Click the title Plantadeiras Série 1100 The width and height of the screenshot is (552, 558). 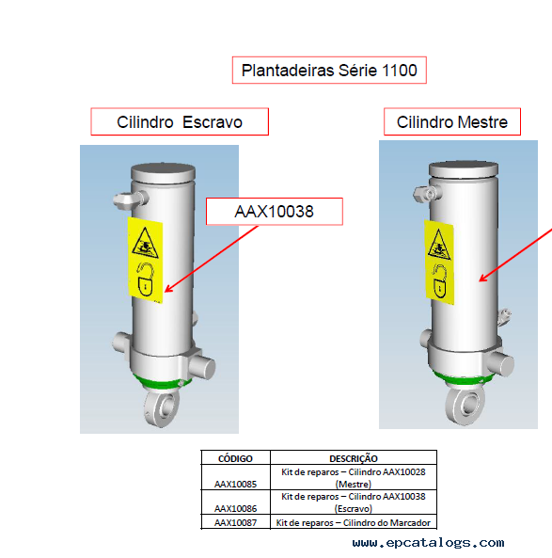(x=329, y=71)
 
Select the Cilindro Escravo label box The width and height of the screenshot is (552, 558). (x=180, y=121)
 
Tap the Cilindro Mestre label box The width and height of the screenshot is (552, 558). (x=452, y=121)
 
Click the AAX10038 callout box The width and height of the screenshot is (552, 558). (x=275, y=212)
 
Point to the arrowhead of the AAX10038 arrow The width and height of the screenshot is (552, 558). (x=166, y=291)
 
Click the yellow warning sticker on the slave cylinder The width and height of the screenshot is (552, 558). (x=145, y=260)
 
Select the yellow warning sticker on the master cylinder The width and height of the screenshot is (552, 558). (x=439, y=263)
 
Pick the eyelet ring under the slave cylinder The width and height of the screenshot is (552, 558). (x=162, y=408)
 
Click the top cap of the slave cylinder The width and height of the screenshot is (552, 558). (x=163, y=172)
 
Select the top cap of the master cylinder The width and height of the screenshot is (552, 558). (x=463, y=168)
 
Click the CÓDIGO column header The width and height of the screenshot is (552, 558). (x=235, y=458)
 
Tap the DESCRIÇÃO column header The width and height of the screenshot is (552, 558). (x=354, y=458)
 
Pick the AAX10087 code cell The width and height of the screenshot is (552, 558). (x=235, y=522)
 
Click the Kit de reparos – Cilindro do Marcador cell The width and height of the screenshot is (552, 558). (x=354, y=522)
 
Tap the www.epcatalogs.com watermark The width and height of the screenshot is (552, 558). (x=428, y=543)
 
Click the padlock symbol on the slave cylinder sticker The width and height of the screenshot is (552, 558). (x=146, y=279)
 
